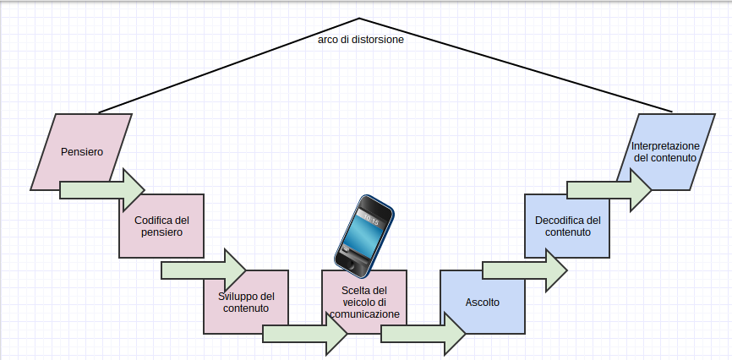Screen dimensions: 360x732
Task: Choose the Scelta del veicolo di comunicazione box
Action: pos(364,287)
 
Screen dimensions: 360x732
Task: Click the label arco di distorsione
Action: pos(361,39)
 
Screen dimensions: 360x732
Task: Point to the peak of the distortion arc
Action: pos(359,18)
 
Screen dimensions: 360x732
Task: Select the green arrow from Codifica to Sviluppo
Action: pos(204,270)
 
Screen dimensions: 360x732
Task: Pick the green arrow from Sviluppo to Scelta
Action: pos(305,334)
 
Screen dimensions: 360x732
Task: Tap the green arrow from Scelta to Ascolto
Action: pos(423,334)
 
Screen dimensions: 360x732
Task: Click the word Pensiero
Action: pos(82,152)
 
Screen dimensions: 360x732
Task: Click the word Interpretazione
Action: pos(665,146)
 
